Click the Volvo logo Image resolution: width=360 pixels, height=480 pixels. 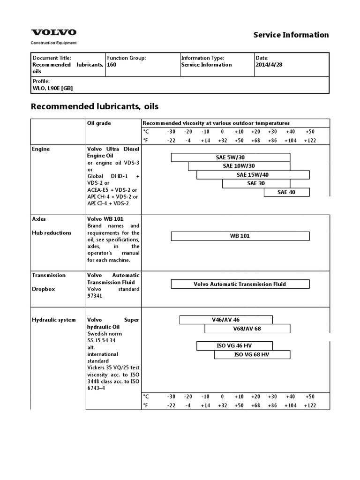tap(53, 32)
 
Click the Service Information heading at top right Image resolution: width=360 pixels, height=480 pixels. tap(291, 35)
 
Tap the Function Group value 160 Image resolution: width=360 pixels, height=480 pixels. tap(112, 65)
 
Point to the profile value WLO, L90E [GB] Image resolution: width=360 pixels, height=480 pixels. tap(52, 88)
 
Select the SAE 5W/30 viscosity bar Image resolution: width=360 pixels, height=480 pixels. tap(230, 157)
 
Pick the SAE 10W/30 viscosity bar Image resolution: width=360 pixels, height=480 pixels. tap(239, 166)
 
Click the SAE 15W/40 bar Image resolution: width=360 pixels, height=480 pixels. tap(253, 175)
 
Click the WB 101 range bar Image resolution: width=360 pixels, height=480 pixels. tap(240, 236)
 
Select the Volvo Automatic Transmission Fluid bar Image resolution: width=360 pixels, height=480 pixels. tap(240, 284)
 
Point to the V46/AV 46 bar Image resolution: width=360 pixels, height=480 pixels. tap(226, 320)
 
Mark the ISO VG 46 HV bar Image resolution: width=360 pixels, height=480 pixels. tap(234, 346)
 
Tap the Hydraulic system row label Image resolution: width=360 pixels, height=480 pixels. tap(53, 320)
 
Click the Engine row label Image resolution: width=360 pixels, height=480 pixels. tap(41, 149)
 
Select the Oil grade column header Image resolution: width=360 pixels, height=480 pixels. tap(99, 123)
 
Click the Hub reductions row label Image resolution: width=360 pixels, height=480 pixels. tap(52, 233)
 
